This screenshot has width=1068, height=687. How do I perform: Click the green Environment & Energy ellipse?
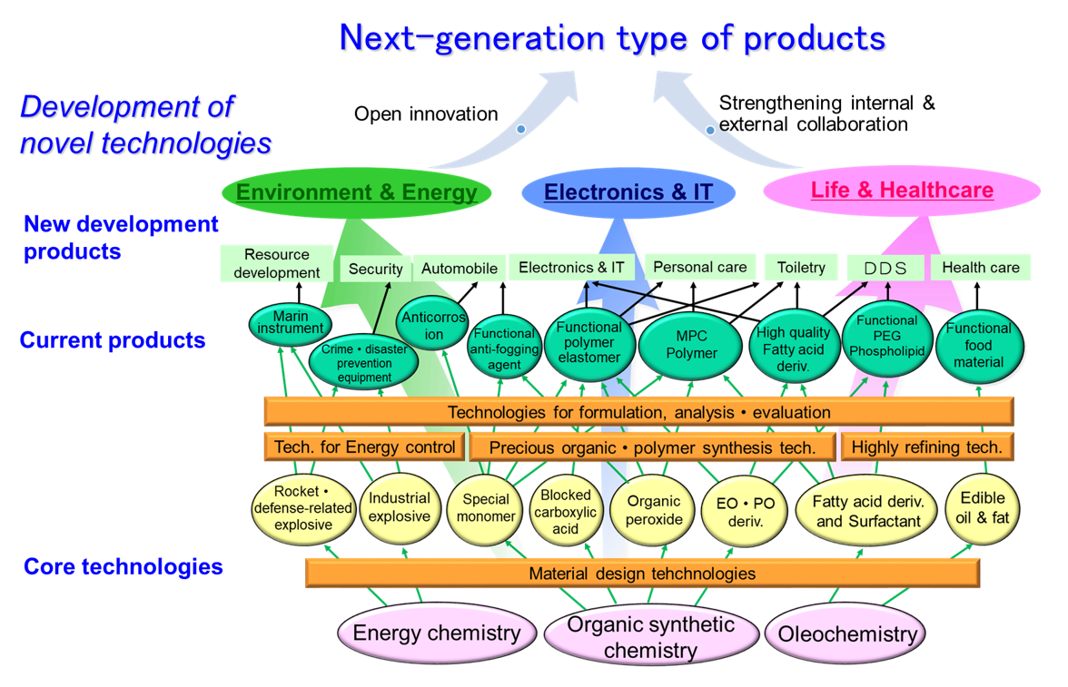coord(356,192)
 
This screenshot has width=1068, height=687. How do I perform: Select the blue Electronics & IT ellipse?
coord(628,192)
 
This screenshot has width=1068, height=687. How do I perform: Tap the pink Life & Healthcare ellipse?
coord(902,190)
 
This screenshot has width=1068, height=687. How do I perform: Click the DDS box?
coord(885,269)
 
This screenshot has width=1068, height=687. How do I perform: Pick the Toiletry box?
coord(801,268)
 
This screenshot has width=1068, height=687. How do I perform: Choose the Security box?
coord(375,269)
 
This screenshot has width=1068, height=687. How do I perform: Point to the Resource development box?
coord(276,263)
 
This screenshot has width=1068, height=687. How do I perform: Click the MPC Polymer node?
coord(690,345)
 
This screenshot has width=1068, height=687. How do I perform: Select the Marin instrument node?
coord(291,323)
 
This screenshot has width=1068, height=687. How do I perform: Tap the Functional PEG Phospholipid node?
coord(886,338)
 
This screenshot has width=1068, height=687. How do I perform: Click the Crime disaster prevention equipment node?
coord(363,362)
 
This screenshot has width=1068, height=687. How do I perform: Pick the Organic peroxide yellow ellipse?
coord(653,511)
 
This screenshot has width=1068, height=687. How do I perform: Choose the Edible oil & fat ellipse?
coord(982,508)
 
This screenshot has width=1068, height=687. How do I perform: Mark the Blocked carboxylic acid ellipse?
coord(565,511)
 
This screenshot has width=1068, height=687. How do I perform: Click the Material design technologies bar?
coord(642,574)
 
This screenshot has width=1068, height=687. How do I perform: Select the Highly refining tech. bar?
coord(927,447)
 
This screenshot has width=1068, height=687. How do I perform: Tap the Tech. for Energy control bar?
coord(364,447)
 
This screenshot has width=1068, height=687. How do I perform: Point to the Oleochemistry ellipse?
coord(846,633)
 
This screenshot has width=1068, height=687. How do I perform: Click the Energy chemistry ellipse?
coord(437,633)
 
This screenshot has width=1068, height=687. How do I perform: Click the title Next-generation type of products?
coord(612,38)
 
